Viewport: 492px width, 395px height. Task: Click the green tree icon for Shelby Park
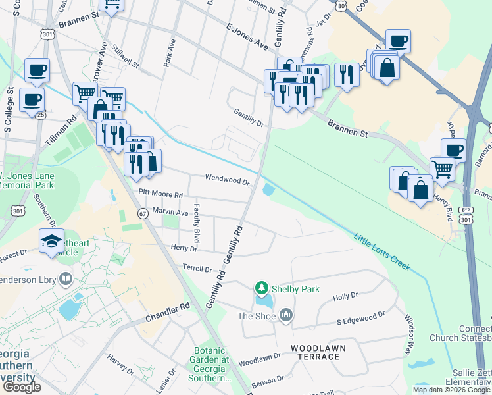tap(262, 288)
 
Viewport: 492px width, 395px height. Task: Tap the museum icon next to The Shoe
tap(285, 316)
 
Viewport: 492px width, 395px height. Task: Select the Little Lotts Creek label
tap(381, 252)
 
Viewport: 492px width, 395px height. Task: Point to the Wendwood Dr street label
tap(228, 178)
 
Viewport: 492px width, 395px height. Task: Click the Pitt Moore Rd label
tap(160, 192)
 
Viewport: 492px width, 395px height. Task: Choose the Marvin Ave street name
tap(170, 211)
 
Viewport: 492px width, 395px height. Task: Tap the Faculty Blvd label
tap(196, 223)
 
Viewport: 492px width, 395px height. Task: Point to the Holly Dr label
tap(345, 296)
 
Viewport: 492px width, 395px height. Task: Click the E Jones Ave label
tap(247, 36)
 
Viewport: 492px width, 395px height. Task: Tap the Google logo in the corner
tap(21, 387)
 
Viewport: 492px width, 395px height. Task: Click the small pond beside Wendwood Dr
tap(268, 190)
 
